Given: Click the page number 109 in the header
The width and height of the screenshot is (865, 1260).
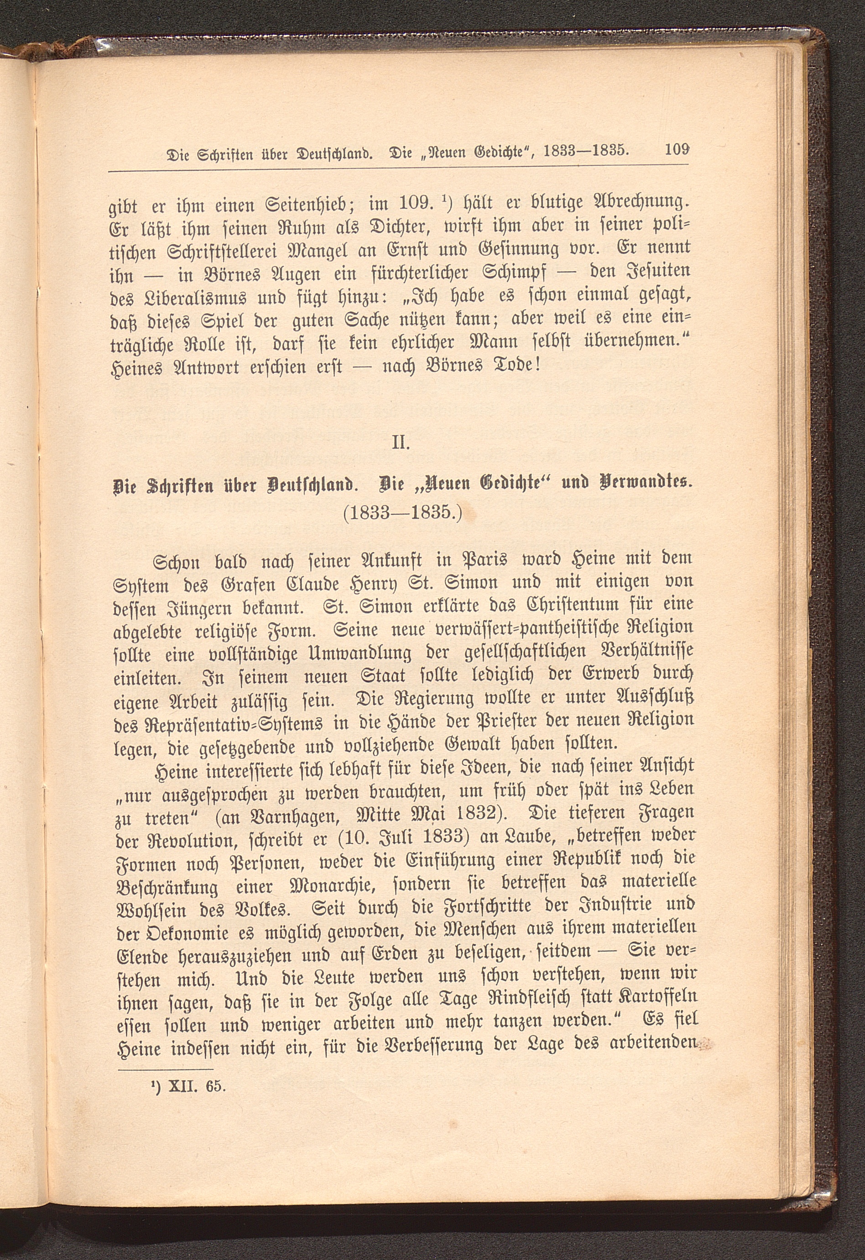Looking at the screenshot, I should click(x=677, y=149).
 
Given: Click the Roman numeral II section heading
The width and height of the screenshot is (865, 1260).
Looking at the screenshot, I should click(x=401, y=443).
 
